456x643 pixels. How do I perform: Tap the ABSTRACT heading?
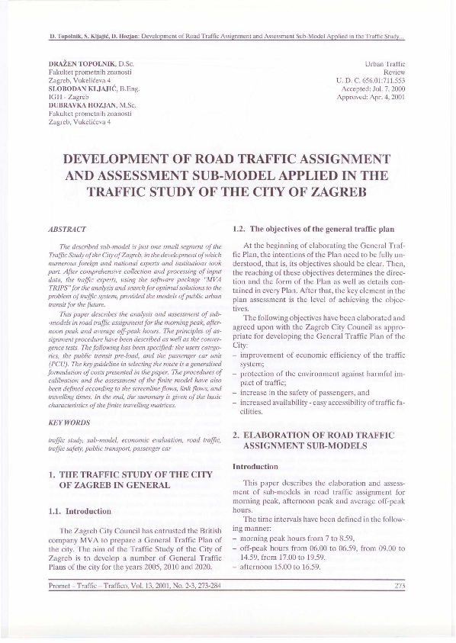67,228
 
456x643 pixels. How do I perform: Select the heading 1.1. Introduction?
79,510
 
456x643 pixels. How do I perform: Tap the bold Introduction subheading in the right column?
255,465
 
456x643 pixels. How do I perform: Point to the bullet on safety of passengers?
304,392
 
